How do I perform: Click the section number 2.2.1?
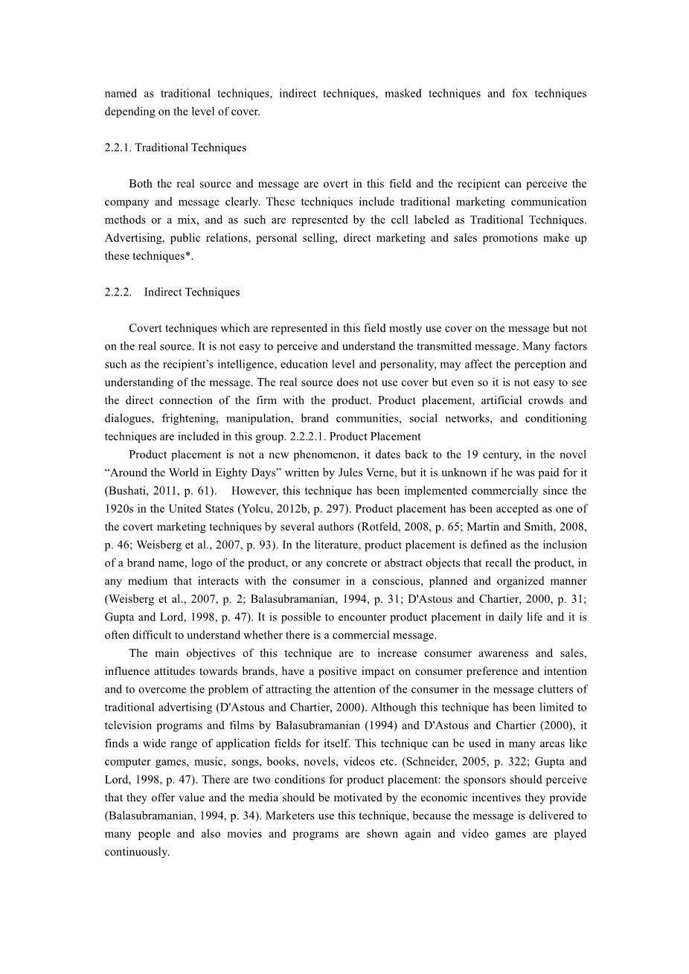click(118, 147)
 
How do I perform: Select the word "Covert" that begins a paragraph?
click(144, 328)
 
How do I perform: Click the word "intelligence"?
click(310, 365)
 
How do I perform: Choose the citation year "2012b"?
click(298, 509)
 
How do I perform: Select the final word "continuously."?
click(137, 852)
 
